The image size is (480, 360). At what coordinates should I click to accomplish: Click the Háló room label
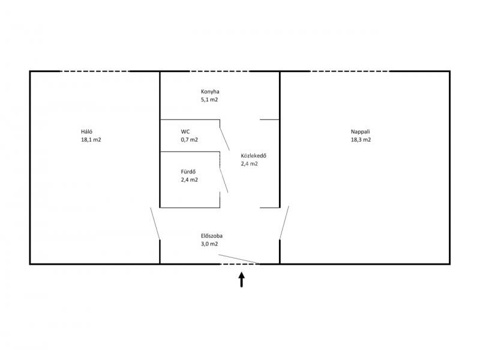86,131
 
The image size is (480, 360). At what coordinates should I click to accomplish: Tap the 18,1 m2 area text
91,140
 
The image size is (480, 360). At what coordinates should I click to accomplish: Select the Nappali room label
361,132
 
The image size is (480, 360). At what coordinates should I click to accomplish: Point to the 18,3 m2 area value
361,140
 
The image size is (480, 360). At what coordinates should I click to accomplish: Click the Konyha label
210,92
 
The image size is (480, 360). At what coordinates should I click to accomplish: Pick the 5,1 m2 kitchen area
209,100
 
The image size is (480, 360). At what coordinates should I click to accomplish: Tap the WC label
185,131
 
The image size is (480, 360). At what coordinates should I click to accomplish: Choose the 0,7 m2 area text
189,140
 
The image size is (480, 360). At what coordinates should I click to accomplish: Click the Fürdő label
188,172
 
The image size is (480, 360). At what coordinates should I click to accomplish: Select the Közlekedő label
253,155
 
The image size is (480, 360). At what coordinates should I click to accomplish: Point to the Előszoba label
212,236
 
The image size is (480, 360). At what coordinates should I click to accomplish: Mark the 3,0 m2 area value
209,244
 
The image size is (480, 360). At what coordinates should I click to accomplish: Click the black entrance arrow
242,280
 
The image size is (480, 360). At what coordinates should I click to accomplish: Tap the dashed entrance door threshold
239,264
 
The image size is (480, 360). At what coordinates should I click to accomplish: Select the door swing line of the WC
224,139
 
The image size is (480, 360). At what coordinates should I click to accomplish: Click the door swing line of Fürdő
224,180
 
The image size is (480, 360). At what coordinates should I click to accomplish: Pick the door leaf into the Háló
155,223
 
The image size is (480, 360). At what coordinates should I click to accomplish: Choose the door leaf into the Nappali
284,223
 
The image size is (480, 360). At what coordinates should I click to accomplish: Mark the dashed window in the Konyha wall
219,71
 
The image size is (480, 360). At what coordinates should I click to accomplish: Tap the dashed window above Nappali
350,71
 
